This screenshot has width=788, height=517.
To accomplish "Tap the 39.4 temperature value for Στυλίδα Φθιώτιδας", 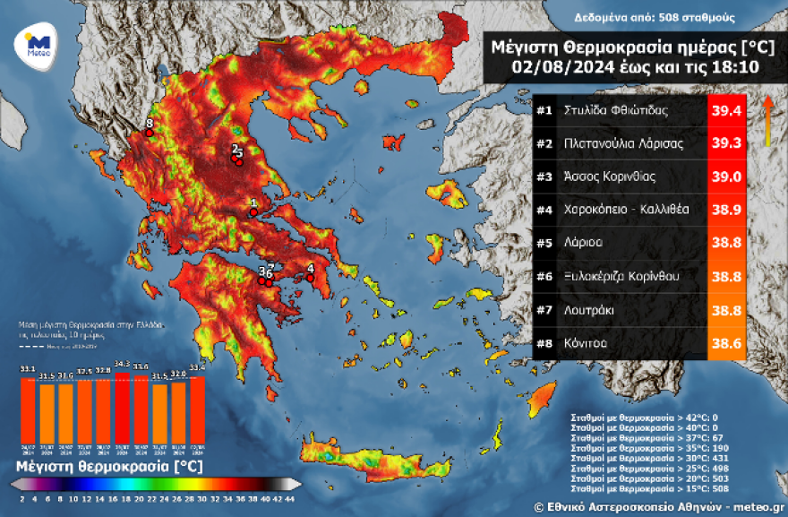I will pos(725,112).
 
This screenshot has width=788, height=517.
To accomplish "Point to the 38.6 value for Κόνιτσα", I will pos(725,343).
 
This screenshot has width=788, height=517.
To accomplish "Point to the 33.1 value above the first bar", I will pos(28,368).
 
